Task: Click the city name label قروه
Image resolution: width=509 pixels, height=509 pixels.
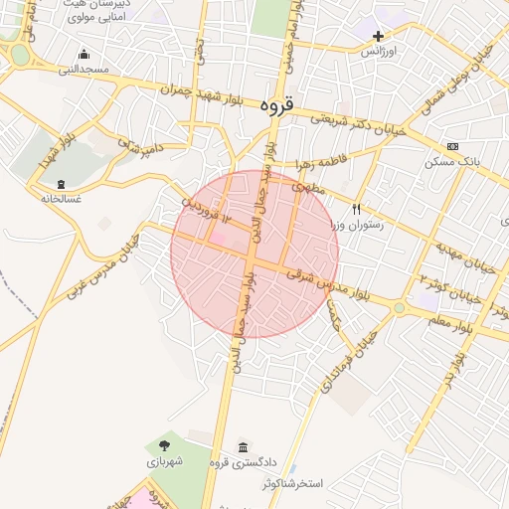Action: (275, 104)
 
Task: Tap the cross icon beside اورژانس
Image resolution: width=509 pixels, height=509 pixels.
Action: (378, 36)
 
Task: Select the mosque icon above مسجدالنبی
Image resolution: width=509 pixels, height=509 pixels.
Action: (84, 54)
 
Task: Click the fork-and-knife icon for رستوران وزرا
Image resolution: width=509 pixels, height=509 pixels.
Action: (356, 209)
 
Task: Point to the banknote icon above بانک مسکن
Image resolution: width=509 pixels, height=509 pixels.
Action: (453, 146)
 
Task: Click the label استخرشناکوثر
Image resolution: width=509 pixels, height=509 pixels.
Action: (293, 483)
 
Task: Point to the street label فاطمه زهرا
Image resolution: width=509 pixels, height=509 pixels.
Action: (317, 161)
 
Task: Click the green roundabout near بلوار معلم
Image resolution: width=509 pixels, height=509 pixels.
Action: (399, 308)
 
